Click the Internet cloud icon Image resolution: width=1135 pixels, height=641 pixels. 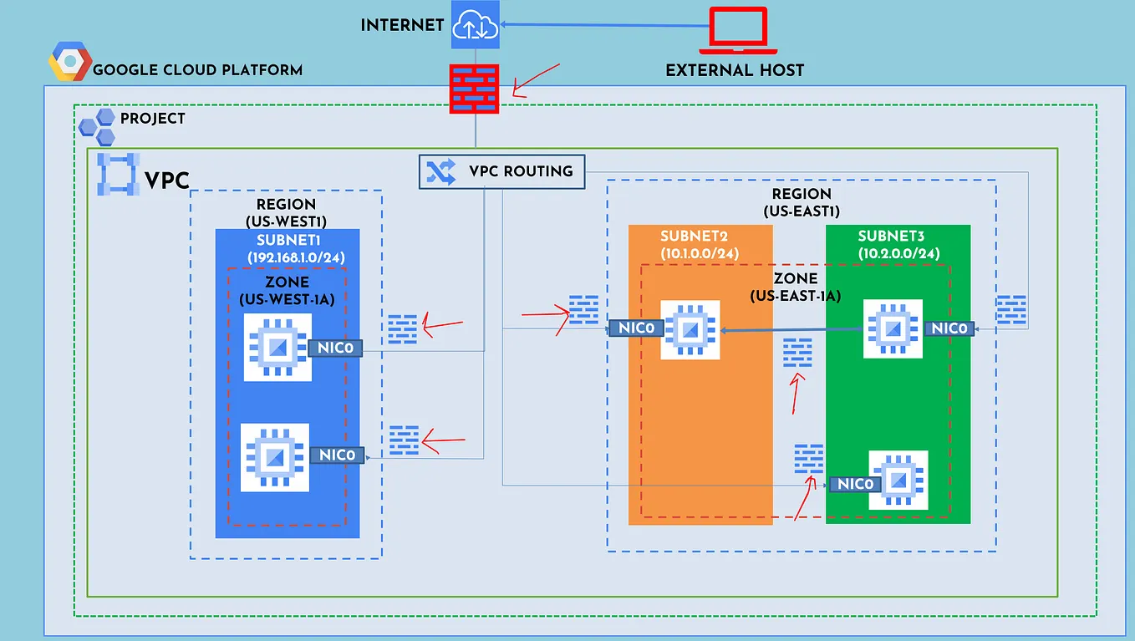point(476,24)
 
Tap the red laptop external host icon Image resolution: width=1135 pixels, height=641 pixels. point(737,30)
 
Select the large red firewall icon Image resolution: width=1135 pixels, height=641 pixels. point(476,88)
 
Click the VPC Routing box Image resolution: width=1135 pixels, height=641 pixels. point(501,171)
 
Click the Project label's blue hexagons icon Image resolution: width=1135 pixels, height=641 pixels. point(97,126)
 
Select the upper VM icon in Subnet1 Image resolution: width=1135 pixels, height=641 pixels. point(277,347)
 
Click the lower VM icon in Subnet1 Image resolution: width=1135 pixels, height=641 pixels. point(274,457)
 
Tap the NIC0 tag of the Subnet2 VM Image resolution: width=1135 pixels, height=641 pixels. point(636,328)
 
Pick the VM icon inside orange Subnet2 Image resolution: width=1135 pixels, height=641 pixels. point(690,329)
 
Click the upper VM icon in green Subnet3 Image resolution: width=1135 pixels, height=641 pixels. point(893,328)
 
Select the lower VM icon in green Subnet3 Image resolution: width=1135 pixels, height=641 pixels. point(898,480)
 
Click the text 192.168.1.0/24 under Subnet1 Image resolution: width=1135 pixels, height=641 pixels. point(296,257)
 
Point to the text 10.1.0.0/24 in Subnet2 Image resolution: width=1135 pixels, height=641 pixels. point(700,253)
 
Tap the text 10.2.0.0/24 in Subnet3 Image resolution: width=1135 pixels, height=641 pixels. point(898,253)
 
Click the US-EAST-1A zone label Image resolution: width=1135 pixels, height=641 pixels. point(795,296)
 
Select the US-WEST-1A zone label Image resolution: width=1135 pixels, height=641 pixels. point(287,298)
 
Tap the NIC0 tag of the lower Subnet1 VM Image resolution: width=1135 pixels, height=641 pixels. point(338,455)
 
